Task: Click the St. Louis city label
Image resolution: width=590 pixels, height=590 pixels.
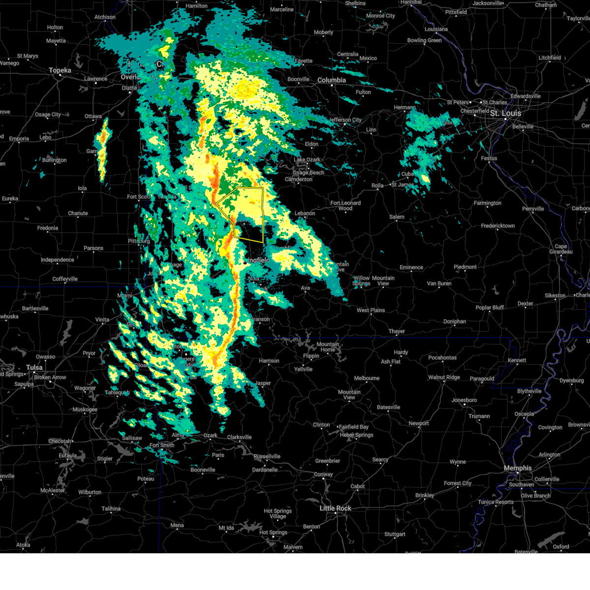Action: [505, 113]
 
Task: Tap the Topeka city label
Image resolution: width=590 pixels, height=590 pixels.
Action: [60, 71]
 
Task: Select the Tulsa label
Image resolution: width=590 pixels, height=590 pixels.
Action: [34, 368]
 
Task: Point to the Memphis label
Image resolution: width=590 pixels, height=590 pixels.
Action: [518, 469]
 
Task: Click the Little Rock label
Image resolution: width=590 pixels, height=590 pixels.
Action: [335, 508]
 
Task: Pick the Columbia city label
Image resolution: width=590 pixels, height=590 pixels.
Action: [331, 80]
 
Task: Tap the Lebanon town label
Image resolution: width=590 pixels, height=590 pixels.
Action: [305, 213]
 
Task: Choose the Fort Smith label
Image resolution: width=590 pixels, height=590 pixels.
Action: [162, 445]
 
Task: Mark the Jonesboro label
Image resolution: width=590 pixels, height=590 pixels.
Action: [464, 400]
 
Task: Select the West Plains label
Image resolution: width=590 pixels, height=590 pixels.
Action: [371, 310]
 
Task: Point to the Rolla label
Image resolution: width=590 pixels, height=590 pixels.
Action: [377, 186]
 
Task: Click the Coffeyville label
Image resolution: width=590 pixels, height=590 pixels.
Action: [65, 279]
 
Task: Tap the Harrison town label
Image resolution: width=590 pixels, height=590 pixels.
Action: [269, 361]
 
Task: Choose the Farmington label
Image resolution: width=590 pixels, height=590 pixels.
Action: [487, 203]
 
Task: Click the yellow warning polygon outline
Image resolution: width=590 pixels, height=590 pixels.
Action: [263, 216]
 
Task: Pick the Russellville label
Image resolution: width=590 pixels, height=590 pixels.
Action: [267, 457]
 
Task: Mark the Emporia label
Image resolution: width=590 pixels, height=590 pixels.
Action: [19, 139]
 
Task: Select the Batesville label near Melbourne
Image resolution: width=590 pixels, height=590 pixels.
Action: [388, 408]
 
